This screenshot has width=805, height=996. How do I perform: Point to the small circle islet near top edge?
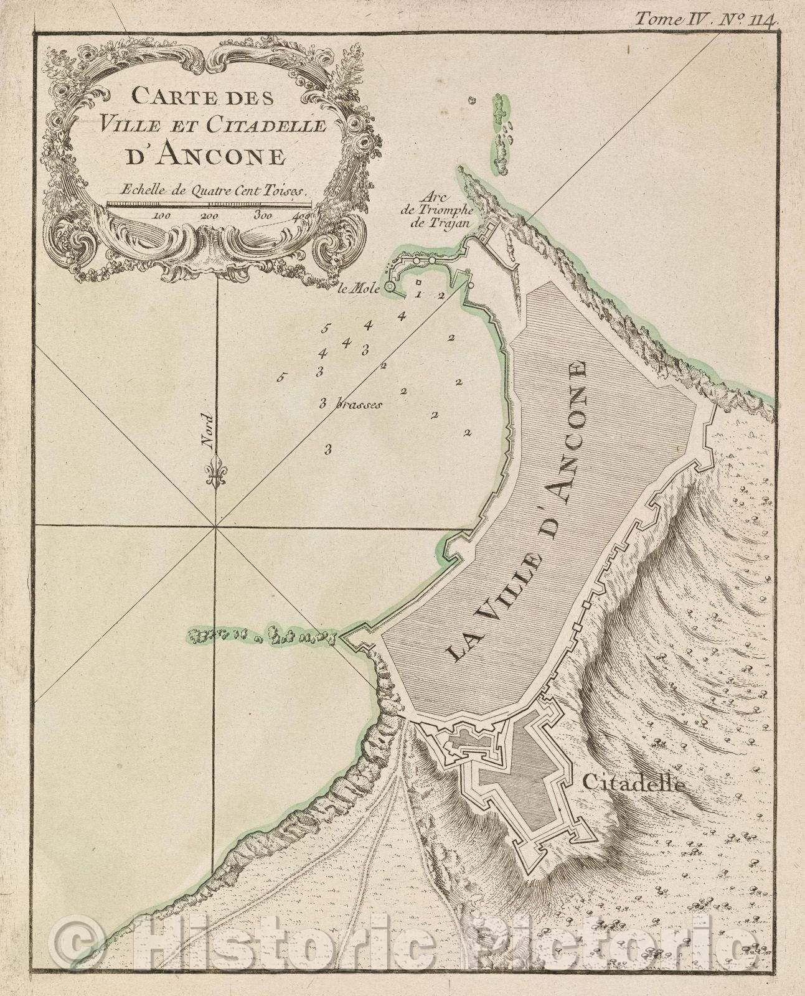472,100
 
